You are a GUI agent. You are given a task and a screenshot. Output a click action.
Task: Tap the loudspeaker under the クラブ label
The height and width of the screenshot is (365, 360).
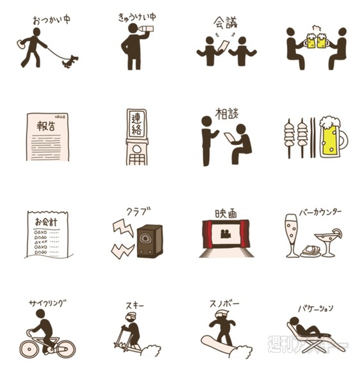(x=150, y=240)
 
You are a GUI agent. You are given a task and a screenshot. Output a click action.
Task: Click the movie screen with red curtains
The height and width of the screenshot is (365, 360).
(x=224, y=234)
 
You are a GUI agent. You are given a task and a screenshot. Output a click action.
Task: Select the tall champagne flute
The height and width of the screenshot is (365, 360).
(x=292, y=233)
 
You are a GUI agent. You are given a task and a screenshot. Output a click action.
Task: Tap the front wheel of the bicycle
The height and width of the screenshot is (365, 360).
(x=65, y=348)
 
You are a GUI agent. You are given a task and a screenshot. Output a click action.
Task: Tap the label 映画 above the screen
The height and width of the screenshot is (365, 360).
(x=224, y=213)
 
